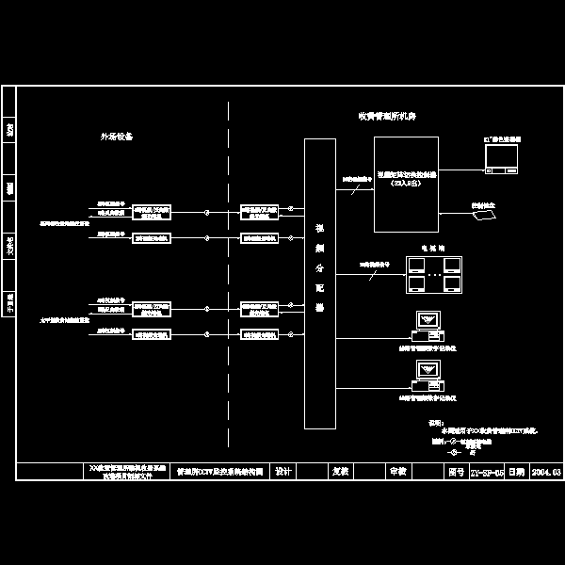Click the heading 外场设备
[x=117, y=136]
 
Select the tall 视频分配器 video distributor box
[x=319, y=282]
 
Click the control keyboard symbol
[x=485, y=216]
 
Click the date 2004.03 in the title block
[x=545, y=471]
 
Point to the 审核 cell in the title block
[x=397, y=471]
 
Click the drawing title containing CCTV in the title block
[x=219, y=471]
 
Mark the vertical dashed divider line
[x=229, y=282]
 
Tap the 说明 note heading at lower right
[x=435, y=423]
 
